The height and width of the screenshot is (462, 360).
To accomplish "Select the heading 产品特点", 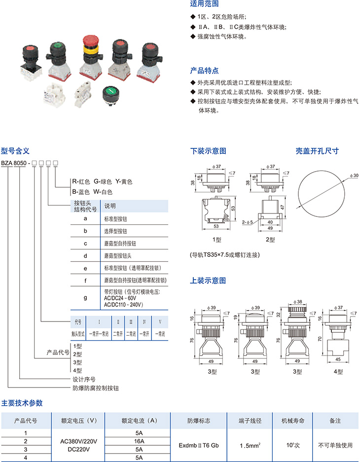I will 204,71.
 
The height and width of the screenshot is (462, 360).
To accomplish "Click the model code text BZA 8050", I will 14,163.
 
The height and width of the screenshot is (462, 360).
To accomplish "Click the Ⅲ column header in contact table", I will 131,321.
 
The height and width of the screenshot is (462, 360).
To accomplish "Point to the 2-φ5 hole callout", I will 247,222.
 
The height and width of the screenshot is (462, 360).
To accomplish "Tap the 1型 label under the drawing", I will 217,240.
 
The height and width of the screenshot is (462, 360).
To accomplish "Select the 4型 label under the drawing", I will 337,371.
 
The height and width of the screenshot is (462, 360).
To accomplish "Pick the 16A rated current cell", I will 138,440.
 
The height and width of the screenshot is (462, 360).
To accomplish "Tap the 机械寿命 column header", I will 293,421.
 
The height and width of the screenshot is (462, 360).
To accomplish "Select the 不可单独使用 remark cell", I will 335,445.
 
